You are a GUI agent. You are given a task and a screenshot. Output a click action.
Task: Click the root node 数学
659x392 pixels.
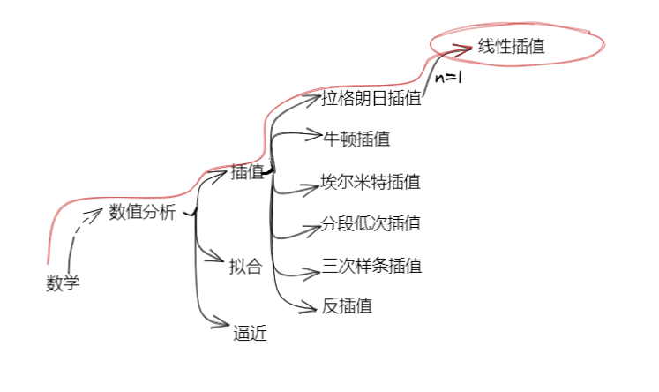coord(63,284)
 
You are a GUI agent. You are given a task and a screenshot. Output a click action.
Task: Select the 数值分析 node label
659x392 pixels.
coord(142,212)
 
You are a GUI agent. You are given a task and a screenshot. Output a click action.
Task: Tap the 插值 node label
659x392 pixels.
coord(247,173)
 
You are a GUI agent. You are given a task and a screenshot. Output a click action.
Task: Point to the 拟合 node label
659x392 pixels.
coord(245,267)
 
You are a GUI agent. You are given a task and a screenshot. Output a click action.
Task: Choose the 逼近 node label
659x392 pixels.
coord(250,334)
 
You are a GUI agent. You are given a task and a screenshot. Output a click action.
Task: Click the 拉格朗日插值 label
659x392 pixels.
coord(371,98)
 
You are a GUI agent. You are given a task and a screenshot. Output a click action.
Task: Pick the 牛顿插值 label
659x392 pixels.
coord(356,139)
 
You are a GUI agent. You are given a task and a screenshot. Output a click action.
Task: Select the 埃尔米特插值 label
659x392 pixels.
coord(371,183)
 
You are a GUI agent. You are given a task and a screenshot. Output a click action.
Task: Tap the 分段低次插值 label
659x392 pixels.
coord(371,223)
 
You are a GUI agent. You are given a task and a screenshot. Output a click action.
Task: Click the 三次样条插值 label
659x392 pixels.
coord(371,265)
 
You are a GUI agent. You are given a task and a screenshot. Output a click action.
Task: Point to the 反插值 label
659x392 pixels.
coord(347,306)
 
